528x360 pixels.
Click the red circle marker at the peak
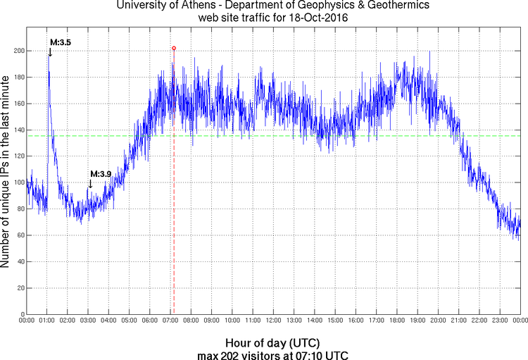tap(174, 48)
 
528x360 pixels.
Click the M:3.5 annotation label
tap(59, 43)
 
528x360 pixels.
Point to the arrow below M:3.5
tap(50, 52)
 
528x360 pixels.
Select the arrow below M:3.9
tap(90, 183)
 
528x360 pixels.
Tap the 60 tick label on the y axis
tap(19, 235)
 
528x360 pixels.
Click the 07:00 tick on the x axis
tap(171, 321)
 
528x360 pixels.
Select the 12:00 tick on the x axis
tap(274, 321)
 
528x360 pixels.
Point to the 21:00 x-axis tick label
tap(459, 321)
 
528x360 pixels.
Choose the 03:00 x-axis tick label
tap(89, 321)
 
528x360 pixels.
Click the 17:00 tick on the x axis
tap(377, 321)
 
